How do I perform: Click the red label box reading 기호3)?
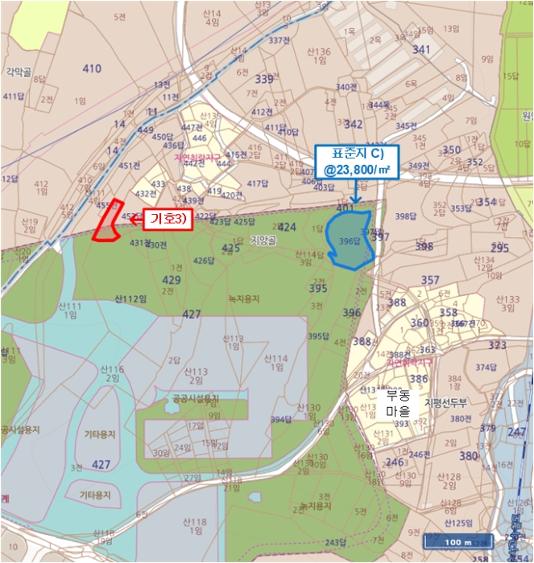[x=168, y=219]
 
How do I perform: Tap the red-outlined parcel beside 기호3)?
[x=106, y=221]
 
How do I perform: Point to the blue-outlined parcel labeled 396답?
[x=350, y=239]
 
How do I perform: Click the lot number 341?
[x=421, y=50]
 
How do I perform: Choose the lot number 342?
[x=353, y=124]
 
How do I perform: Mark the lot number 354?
[x=487, y=201]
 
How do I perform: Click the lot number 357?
[x=430, y=280]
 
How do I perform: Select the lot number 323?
[x=498, y=345]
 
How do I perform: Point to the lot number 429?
[x=172, y=279]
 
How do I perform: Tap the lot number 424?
[x=287, y=227]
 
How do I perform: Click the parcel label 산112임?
[x=131, y=298]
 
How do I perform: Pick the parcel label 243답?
[x=336, y=541]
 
